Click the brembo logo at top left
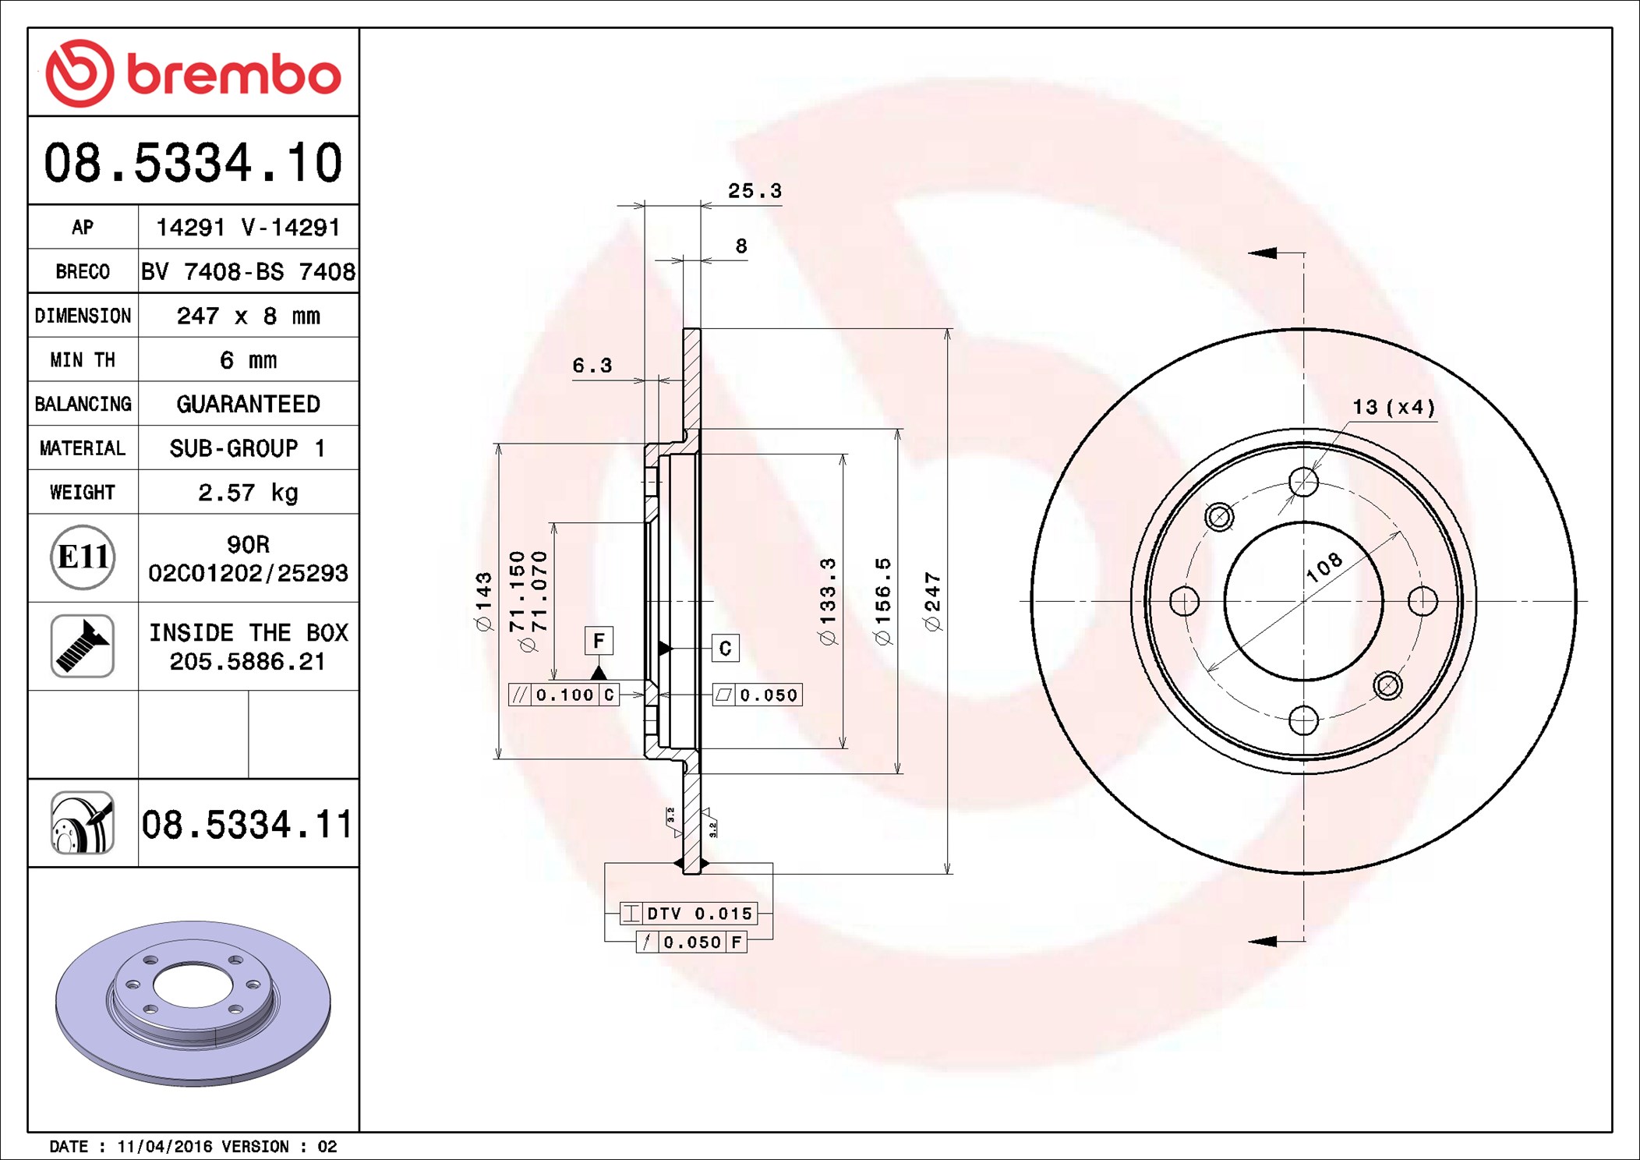[193, 73]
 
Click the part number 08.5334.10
[193, 163]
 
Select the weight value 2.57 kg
[248, 492]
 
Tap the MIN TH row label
[83, 360]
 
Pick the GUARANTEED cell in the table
[248, 404]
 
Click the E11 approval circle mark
[83, 557]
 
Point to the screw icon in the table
[83, 645]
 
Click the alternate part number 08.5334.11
[247, 824]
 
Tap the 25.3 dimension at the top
[754, 191]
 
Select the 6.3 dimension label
[592, 366]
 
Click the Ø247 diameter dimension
[932, 601]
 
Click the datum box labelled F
[599, 641]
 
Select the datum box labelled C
[725, 649]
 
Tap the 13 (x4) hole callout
[1393, 407]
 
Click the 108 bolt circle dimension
[1324, 568]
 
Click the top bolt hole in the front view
[1303, 483]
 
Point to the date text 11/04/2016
[164, 1146]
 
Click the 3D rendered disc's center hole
[193, 985]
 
